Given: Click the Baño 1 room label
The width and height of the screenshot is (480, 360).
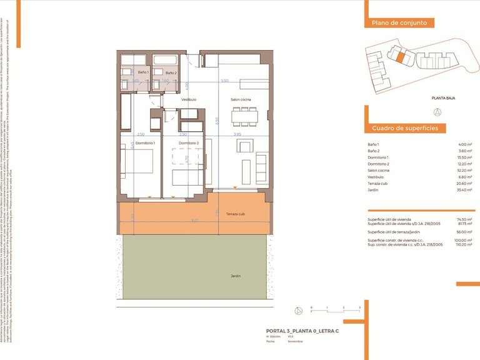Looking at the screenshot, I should coord(143,72).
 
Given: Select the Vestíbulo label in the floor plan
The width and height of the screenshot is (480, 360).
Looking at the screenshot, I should coord(189,99).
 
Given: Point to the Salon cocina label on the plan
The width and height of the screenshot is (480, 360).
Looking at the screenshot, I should coord(241,99).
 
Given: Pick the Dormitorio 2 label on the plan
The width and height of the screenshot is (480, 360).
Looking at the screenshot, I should coord(188,143).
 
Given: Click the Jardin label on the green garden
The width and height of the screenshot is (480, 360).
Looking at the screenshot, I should coord(235,276).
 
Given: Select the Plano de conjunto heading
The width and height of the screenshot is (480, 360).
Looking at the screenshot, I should coord(399,22).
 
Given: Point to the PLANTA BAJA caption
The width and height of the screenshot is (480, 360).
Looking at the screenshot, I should coord(442,98).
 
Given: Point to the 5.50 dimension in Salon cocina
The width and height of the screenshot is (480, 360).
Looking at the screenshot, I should coord(225,81).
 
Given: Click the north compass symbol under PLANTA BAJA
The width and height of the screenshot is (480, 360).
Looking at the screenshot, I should coord(437,112).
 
